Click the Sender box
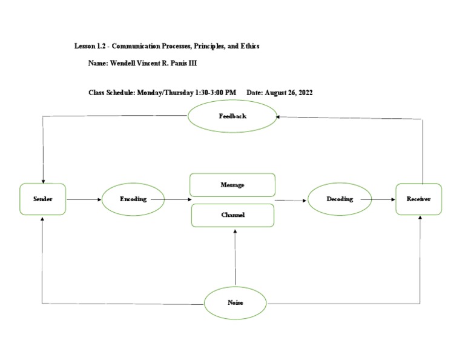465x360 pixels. [x=43, y=199]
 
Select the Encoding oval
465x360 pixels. [x=133, y=199]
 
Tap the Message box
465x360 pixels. [x=232, y=185]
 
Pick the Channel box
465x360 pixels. [x=232, y=215]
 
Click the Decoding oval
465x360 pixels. [x=340, y=199]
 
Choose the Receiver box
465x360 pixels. [x=418, y=199]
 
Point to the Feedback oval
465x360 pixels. [x=232, y=116]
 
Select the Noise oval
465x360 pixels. [x=235, y=302]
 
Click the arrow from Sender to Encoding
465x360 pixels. [x=84, y=199]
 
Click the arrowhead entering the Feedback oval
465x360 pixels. [x=280, y=117]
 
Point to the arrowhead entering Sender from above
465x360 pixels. [x=43, y=180]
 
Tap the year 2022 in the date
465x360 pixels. [x=303, y=93]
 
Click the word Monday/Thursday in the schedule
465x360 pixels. [x=161, y=93]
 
